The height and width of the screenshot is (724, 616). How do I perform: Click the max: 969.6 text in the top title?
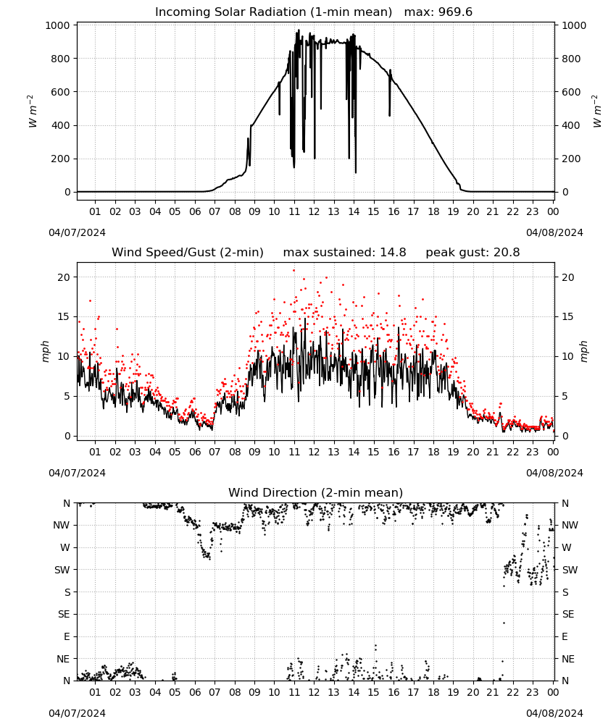(438, 12)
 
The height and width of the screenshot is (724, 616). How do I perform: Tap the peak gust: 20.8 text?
(473, 253)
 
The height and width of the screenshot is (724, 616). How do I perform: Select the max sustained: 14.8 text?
(345, 253)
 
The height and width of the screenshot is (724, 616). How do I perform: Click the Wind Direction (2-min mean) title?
(316, 492)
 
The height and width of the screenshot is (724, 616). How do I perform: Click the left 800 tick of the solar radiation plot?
(61, 59)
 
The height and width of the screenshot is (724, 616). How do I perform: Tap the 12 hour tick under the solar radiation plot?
(314, 211)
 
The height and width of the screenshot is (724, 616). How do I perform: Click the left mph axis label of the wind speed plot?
(45, 351)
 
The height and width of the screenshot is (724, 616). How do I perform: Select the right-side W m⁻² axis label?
(596, 111)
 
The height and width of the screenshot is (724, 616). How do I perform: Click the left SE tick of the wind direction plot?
(64, 615)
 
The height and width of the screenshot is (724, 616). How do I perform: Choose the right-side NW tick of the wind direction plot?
(570, 526)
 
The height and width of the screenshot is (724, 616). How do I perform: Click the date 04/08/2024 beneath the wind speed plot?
(554, 473)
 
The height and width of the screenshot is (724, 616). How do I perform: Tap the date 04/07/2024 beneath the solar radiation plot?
(77, 232)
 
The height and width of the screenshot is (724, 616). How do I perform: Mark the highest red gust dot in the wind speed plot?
(294, 271)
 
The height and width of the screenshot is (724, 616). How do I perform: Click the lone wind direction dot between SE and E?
(504, 623)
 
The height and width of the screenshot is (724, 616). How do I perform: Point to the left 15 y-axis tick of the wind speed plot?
(64, 317)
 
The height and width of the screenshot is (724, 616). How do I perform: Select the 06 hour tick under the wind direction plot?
(195, 693)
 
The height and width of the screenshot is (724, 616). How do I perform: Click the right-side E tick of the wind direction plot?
(565, 636)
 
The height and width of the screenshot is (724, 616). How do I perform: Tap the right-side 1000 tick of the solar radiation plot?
(574, 25)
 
